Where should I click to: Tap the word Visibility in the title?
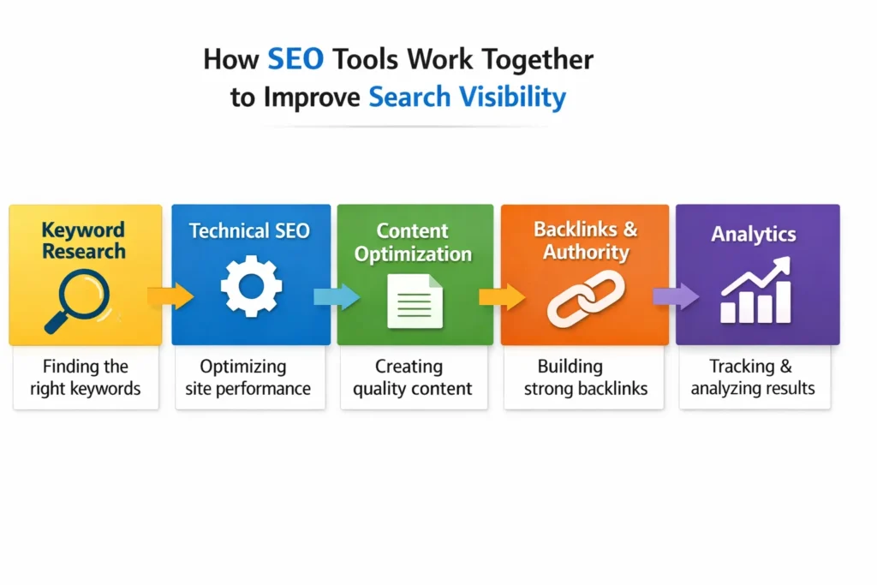[x=515, y=96]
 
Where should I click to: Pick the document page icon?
[x=415, y=301]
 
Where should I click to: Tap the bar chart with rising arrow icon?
[x=755, y=293]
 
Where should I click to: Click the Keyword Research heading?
[x=84, y=241]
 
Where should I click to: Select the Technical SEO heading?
[x=249, y=231]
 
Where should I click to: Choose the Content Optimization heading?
[x=413, y=242]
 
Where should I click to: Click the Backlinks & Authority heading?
[x=586, y=241]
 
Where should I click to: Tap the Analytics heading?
[x=754, y=234]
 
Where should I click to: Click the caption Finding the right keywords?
[x=86, y=378]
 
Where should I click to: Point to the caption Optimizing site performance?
[x=249, y=378]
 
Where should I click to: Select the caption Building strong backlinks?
[x=586, y=378]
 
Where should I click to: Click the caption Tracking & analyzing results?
[x=753, y=378]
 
